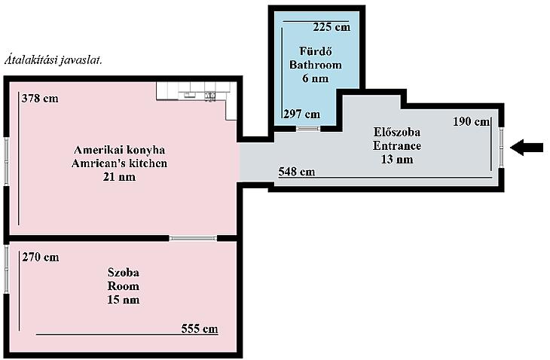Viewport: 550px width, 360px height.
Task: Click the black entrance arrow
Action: pyautogui.click(x=527, y=148)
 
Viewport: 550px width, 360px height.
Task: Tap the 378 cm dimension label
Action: pyautogui.click(x=40, y=99)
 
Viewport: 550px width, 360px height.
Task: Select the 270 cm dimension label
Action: pyautogui.click(x=41, y=258)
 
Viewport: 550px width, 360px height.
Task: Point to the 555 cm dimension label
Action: pyautogui.click(x=200, y=329)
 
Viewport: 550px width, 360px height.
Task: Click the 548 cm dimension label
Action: pyautogui.click(x=297, y=172)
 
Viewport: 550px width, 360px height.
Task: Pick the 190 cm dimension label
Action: pyautogui.click(x=471, y=122)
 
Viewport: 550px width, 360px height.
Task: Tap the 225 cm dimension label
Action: pyautogui.click(x=332, y=27)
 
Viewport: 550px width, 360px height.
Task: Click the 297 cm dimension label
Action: pyautogui.click(x=301, y=114)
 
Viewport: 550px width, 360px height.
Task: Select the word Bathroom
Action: pyautogui.click(x=316, y=65)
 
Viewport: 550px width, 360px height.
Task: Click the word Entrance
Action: pyautogui.click(x=397, y=145)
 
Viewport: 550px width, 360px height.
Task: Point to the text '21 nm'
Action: pyautogui.click(x=119, y=177)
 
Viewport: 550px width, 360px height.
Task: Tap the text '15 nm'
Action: pyautogui.click(x=123, y=300)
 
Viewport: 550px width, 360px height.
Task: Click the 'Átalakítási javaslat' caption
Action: pyautogui.click(x=53, y=60)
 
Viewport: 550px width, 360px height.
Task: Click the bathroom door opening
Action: pyautogui.click(x=308, y=129)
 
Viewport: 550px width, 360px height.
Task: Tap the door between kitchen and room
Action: pyautogui.click(x=193, y=238)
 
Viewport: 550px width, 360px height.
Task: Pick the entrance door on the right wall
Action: pyautogui.click(x=502, y=148)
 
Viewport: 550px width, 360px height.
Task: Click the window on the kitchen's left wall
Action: pyautogui.click(x=6, y=161)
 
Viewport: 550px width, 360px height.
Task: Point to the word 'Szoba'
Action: pyautogui.click(x=123, y=273)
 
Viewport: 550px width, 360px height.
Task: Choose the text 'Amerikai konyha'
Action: pyautogui.click(x=119, y=150)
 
